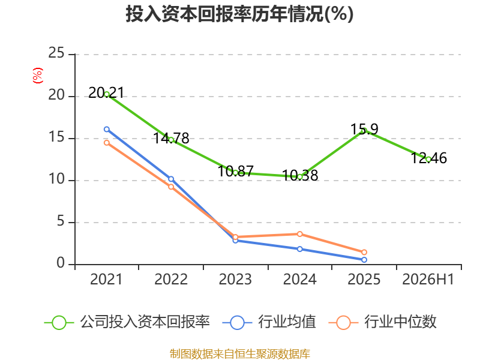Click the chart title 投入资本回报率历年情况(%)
[239, 14]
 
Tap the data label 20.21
[106, 92]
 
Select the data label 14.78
[171, 138]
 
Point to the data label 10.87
[235, 171]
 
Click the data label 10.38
[300, 175]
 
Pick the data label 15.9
[364, 129]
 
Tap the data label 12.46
[428, 158]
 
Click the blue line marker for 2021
[107, 129]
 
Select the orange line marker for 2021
[107, 143]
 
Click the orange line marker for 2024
[299, 234]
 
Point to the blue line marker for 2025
[364, 260]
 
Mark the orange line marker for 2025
[364, 252]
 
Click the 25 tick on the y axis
[56, 53]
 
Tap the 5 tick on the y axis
[61, 221]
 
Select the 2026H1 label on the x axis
[428, 280]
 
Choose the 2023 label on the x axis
[235, 280]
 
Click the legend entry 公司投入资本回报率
[127, 322]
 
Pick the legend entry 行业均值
[269, 322]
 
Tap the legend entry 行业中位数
[382, 322]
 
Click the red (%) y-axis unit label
[38, 76]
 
